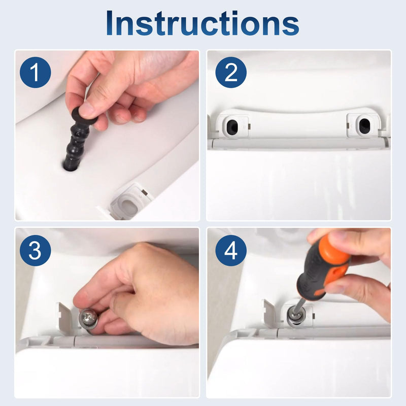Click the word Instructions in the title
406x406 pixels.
tap(202, 23)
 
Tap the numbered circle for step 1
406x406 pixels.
tap(36, 72)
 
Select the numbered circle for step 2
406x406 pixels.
tap(231, 72)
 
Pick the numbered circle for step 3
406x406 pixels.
tap(36, 250)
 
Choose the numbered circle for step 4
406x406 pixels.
tap(231, 250)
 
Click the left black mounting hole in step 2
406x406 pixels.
tap(232, 125)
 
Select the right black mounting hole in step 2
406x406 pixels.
tap(364, 125)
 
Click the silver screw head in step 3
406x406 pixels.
tap(88, 318)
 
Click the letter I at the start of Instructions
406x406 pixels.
tap(109, 23)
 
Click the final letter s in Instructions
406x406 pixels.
tap(291, 26)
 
